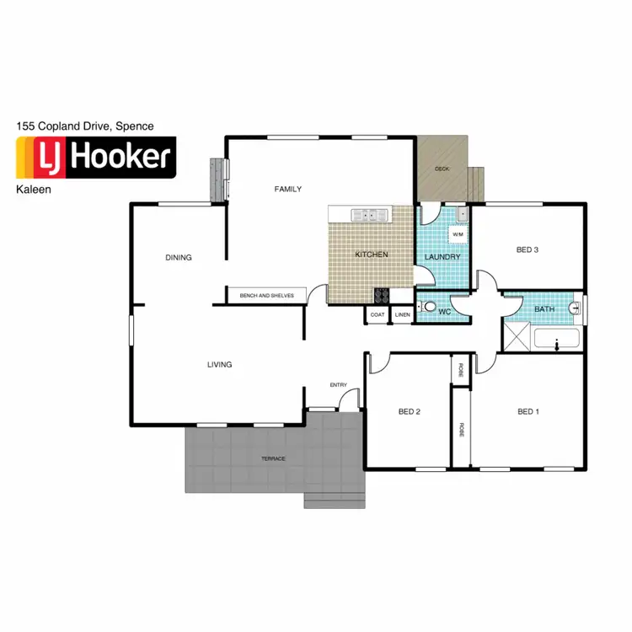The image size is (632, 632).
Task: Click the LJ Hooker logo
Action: click(95, 158)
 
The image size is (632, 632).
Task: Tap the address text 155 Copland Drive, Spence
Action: click(85, 126)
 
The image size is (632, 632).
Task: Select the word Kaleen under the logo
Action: click(34, 190)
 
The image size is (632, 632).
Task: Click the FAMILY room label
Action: click(287, 189)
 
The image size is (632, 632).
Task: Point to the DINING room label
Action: click(178, 258)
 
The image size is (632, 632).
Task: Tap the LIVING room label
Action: click(219, 365)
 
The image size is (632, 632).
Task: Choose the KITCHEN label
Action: click(371, 254)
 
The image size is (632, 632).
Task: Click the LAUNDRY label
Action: click(442, 257)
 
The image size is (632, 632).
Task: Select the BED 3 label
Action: click(528, 249)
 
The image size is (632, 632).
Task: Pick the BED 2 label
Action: click(410, 412)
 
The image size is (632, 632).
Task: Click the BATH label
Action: click(544, 309)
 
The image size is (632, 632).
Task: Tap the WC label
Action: click(444, 312)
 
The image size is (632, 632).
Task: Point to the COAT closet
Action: click(378, 315)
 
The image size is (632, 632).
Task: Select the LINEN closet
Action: click(402, 315)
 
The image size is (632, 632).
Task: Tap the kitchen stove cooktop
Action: click(381, 295)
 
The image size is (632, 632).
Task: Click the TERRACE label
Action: click(272, 458)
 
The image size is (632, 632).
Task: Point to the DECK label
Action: click(442, 169)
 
